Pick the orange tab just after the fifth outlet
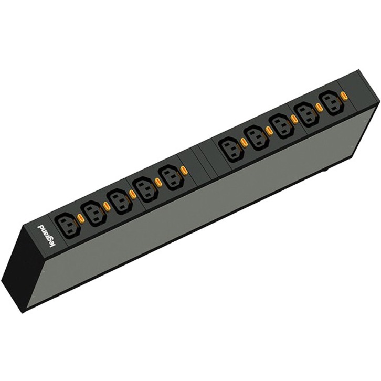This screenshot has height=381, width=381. pyautogui.click(x=183, y=170)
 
